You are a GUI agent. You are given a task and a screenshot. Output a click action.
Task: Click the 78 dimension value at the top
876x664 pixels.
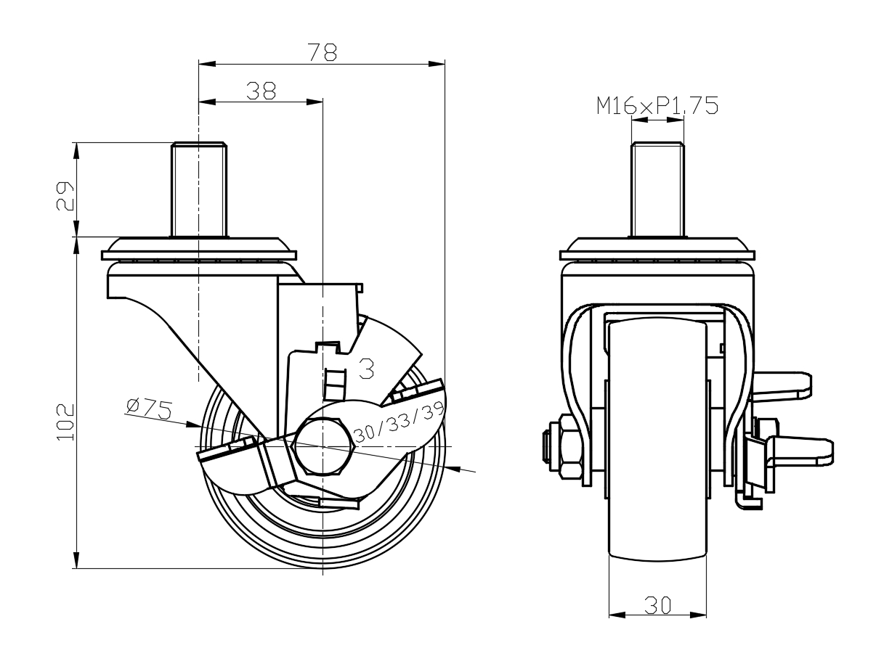point(323,52)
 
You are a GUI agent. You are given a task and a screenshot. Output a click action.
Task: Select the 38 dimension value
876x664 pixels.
point(261,91)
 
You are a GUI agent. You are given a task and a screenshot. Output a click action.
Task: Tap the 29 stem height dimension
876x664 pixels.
point(65,196)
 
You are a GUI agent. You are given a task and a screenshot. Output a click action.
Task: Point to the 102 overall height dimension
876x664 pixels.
point(65,422)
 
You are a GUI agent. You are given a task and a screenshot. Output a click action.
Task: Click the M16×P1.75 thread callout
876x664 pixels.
point(657,106)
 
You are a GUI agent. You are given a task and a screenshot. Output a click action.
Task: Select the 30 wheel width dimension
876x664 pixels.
point(657,605)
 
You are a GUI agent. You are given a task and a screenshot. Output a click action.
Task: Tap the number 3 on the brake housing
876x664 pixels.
point(366,368)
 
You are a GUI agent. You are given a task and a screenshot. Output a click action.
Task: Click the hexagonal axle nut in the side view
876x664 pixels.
point(324,446)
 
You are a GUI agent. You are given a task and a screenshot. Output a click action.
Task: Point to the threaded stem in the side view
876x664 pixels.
point(199,189)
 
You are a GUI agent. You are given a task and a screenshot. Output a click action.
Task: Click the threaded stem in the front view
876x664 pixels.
point(657,189)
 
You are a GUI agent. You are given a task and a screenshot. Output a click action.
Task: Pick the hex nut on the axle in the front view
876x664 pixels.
point(571,446)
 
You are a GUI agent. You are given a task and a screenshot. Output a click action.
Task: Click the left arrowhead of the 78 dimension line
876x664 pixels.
point(207,64)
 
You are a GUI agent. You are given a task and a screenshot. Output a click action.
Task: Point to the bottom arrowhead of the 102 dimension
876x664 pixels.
point(76,560)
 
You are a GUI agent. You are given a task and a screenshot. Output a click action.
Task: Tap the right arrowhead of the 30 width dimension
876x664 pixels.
point(698,615)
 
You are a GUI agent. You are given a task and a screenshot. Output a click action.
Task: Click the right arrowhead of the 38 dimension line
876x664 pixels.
point(315,102)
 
